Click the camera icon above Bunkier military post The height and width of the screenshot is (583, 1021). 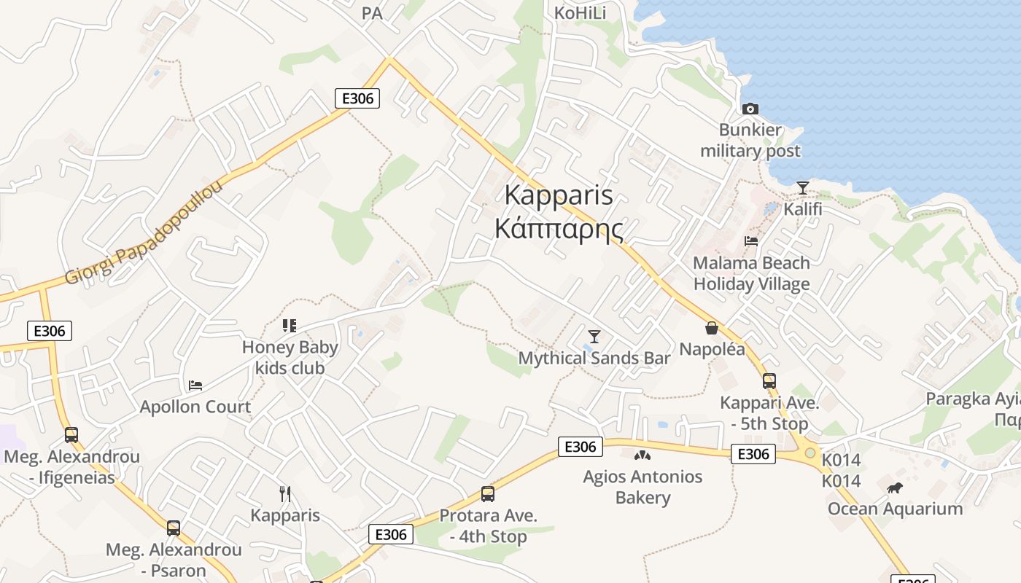point(750,109)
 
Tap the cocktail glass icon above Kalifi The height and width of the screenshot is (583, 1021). point(802,188)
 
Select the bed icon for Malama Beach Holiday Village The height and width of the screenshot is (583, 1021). point(751,241)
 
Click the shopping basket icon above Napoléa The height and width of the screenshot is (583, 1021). point(712,329)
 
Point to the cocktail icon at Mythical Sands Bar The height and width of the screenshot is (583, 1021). point(594,337)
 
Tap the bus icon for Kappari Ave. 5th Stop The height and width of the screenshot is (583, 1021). point(769,381)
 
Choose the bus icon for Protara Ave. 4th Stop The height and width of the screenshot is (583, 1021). point(488,494)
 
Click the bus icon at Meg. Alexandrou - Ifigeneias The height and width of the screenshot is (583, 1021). point(71,435)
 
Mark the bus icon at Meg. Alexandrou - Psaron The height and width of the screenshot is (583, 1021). point(173,528)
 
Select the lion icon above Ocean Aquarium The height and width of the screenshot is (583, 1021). point(895,488)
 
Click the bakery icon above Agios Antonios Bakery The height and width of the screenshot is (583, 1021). point(642,455)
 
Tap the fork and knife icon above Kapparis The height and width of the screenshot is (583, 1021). point(285,494)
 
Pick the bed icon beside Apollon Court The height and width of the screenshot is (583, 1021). point(195,386)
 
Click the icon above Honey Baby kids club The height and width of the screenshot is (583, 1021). point(290,326)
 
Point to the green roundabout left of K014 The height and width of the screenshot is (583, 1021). point(810,453)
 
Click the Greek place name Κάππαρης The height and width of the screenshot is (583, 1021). point(559,229)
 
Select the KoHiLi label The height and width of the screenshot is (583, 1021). point(580,13)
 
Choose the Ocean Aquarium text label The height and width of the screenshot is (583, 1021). point(895,509)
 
